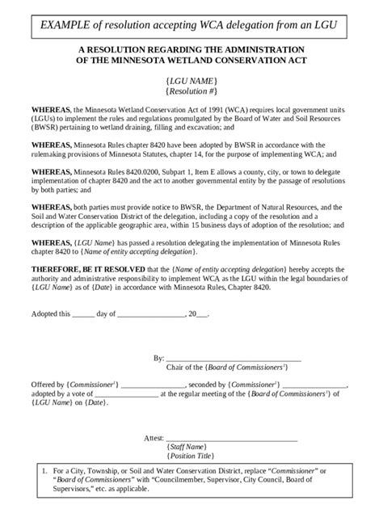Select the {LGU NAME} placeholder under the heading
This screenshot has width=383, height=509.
pos(191,82)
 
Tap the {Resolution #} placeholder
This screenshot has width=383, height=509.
pos(191,94)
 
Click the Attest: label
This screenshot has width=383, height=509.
pos(154,438)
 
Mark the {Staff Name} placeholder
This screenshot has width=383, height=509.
pos(190,447)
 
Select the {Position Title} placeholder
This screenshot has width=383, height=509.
pos(190,456)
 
